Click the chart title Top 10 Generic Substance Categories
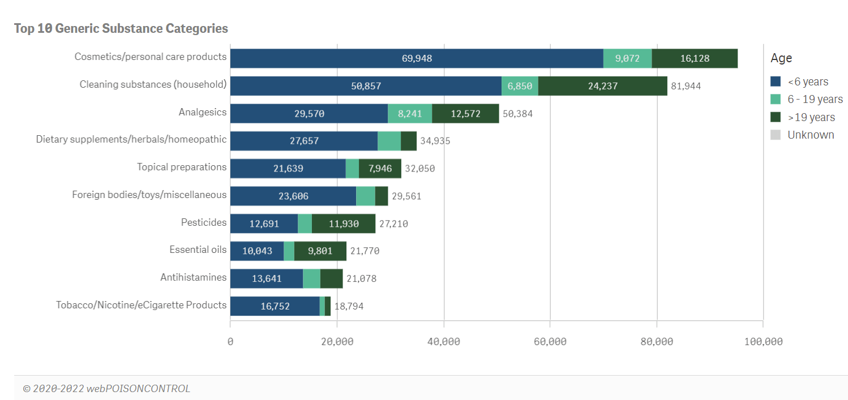121,28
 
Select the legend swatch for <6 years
776,82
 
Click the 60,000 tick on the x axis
550,342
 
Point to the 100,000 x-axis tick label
763,342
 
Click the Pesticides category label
203,223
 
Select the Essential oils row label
198,250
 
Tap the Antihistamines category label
193,278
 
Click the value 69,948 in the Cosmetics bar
417,58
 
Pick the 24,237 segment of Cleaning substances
602,86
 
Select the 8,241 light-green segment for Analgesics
410,114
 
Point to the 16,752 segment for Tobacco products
275,306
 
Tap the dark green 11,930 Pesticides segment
344,223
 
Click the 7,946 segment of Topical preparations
380,169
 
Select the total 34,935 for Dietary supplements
435,141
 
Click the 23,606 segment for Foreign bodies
293,196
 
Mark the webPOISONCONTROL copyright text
106,389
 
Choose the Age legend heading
781,58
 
